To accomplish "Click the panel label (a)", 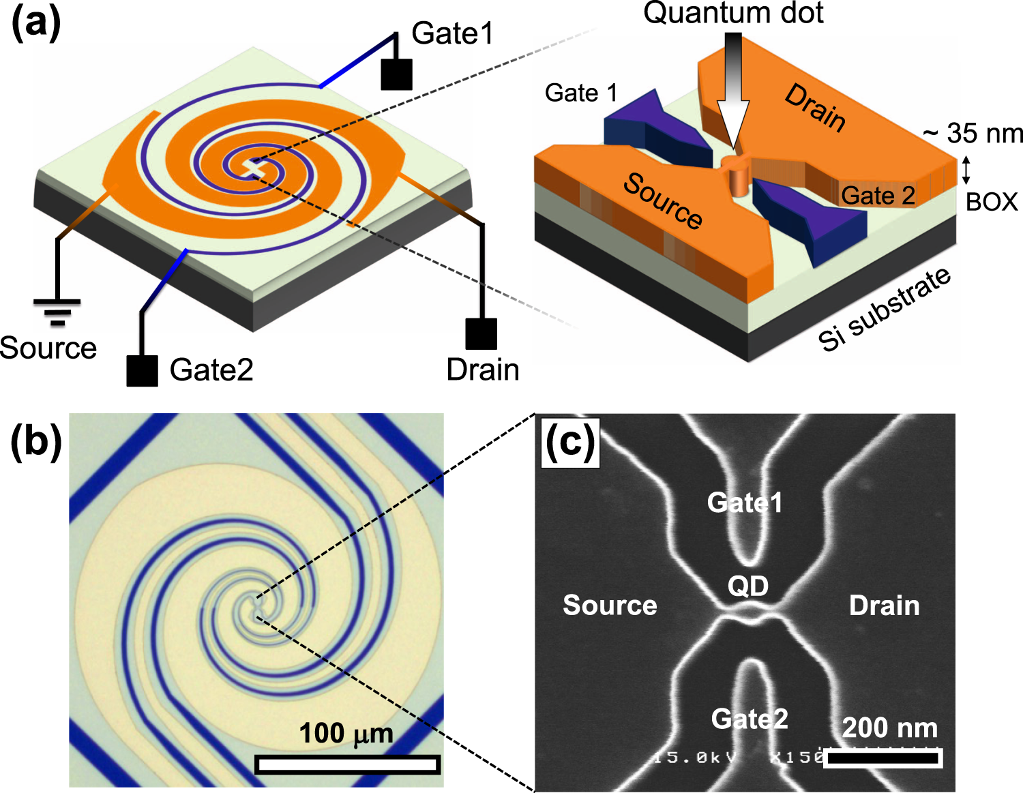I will tap(36, 25).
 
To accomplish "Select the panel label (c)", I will tap(570, 443).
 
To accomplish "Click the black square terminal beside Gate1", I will tap(396, 74).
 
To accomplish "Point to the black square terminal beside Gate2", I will tap(143, 371).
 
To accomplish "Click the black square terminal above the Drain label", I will tap(481, 333).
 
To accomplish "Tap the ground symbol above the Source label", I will tap(57, 311).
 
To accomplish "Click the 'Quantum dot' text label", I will tap(733, 14).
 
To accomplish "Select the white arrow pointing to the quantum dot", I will tap(733, 95).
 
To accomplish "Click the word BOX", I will tap(992, 202).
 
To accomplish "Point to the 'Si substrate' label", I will tap(885, 309).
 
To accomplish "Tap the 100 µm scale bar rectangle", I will tap(347, 764).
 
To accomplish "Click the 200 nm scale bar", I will tap(883, 758).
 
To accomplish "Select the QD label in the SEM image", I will tap(748, 586).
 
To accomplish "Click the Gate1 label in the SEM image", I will tap(745, 503).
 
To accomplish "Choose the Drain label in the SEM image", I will tap(884, 605).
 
